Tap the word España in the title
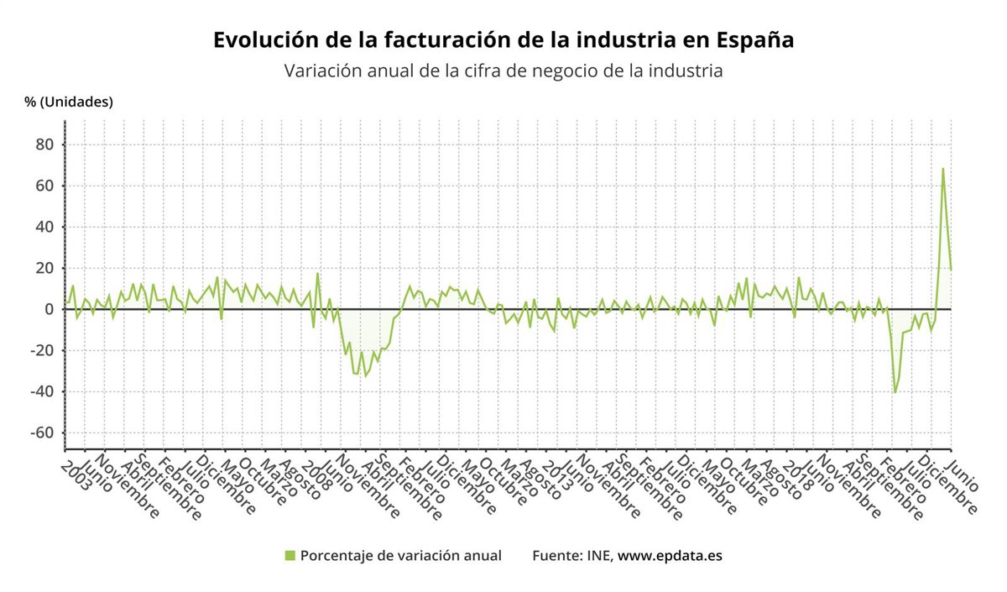pyautogui.click(x=756, y=40)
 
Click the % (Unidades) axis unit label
pyautogui.click(x=69, y=102)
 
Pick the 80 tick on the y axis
pyautogui.click(x=44, y=144)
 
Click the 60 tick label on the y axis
pyautogui.click(x=44, y=186)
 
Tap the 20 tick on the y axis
pyautogui.click(x=44, y=268)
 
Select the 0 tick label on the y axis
pyautogui.click(x=49, y=309)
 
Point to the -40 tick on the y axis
pyautogui.click(x=40, y=391)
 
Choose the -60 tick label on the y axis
pyautogui.click(x=40, y=432)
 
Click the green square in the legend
pyautogui.click(x=290, y=556)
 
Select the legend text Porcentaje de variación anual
pyautogui.click(x=400, y=556)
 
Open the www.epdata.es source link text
pyautogui.click(x=670, y=556)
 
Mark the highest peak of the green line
pyautogui.click(x=942, y=169)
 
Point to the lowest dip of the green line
pyautogui.click(x=895, y=392)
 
